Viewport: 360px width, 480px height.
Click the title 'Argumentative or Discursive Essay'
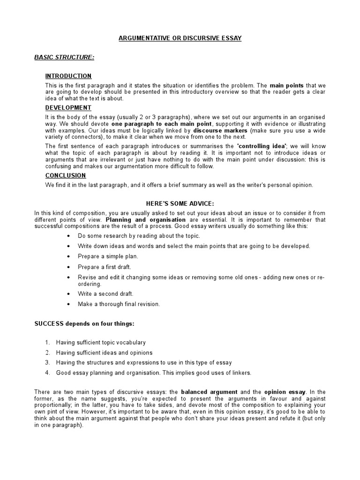pyautogui.click(x=180, y=38)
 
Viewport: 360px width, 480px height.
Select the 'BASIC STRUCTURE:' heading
pyautogui.click(x=64, y=57)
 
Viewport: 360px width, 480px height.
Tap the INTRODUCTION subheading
pyautogui.click(x=68, y=76)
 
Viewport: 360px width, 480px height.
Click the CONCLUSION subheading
pyautogui.click(x=66, y=175)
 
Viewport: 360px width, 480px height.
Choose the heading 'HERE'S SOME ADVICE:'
pyautogui.click(x=180, y=203)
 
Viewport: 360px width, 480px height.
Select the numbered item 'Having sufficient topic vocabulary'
pyautogui.click(x=101, y=343)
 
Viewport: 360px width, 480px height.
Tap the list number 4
pyautogui.click(x=47, y=373)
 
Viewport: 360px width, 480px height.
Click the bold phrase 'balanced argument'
pyautogui.click(x=209, y=392)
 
